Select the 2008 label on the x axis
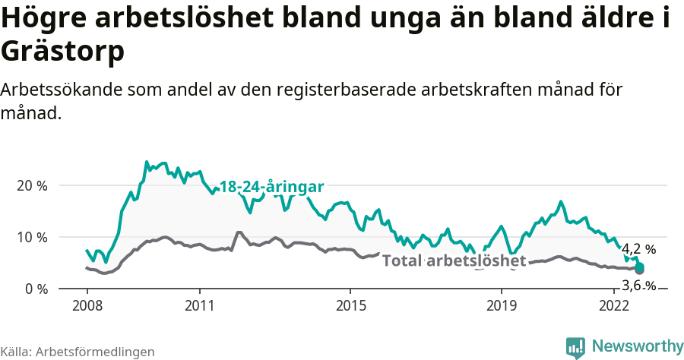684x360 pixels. [87, 305]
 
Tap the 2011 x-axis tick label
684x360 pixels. [199, 305]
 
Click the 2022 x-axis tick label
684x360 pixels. [614, 305]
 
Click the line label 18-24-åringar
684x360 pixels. [272, 187]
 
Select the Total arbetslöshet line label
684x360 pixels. [454, 261]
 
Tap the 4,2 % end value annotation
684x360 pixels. [638, 249]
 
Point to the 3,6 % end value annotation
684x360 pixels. [638, 286]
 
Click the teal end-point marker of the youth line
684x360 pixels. [640, 267]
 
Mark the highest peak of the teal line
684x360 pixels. [147, 162]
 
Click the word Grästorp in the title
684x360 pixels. [62, 52]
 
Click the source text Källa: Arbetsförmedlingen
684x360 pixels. [78, 352]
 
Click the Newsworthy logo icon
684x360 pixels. [575, 347]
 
